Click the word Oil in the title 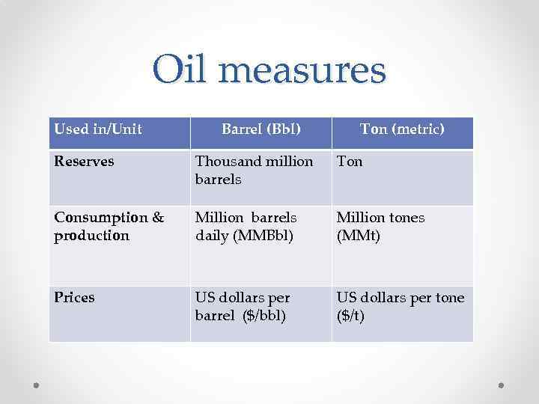[x=184, y=70]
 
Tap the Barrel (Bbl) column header [x=261, y=129]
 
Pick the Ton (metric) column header [x=402, y=129]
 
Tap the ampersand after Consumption [x=158, y=218]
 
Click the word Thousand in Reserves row [x=223, y=162]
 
